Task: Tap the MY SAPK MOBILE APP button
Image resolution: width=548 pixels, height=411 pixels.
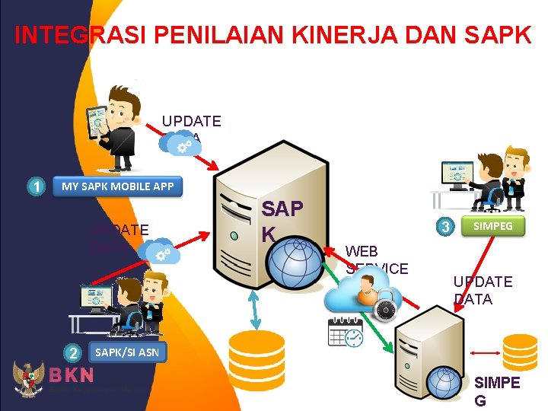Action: [117, 186]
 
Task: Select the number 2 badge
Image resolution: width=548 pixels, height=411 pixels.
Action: [72, 352]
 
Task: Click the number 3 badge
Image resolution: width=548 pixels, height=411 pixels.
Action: [447, 226]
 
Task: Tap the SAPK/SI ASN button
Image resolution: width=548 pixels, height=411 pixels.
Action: [126, 352]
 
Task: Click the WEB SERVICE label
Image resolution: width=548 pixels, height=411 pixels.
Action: [377, 260]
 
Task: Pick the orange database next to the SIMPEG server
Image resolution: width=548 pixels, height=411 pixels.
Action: [520, 353]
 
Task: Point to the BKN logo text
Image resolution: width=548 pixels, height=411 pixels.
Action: [72, 375]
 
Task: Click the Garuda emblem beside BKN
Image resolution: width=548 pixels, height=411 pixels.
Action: [28, 378]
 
